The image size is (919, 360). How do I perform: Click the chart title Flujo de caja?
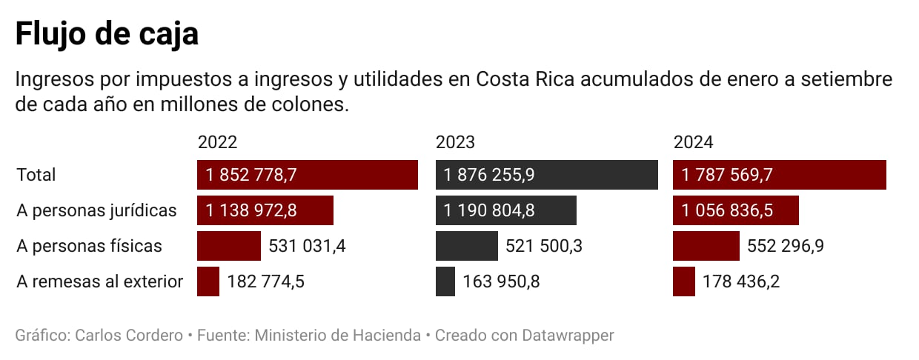(x=107, y=34)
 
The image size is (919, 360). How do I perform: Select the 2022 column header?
(x=217, y=142)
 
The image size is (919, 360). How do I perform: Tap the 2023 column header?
(x=455, y=142)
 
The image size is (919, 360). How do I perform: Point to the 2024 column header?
(x=693, y=142)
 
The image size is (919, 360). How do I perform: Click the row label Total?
(x=36, y=175)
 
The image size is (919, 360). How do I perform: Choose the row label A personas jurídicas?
(x=96, y=210)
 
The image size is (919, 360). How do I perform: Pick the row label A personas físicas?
(x=89, y=246)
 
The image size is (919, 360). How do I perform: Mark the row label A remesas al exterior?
(x=99, y=281)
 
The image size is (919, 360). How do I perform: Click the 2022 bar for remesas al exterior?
(x=208, y=281)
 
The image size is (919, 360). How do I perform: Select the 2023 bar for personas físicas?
(x=467, y=246)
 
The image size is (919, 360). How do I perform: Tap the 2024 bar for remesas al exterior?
(x=684, y=281)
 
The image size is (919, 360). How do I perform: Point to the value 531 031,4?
(x=308, y=246)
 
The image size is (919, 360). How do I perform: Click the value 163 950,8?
(x=501, y=281)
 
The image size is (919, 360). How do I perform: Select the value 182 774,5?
(x=265, y=281)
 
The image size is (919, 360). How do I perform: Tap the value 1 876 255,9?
(x=489, y=175)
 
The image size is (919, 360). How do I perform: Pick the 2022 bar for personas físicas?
(x=229, y=246)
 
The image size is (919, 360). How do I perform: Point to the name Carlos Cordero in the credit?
(x=128, y=336)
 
